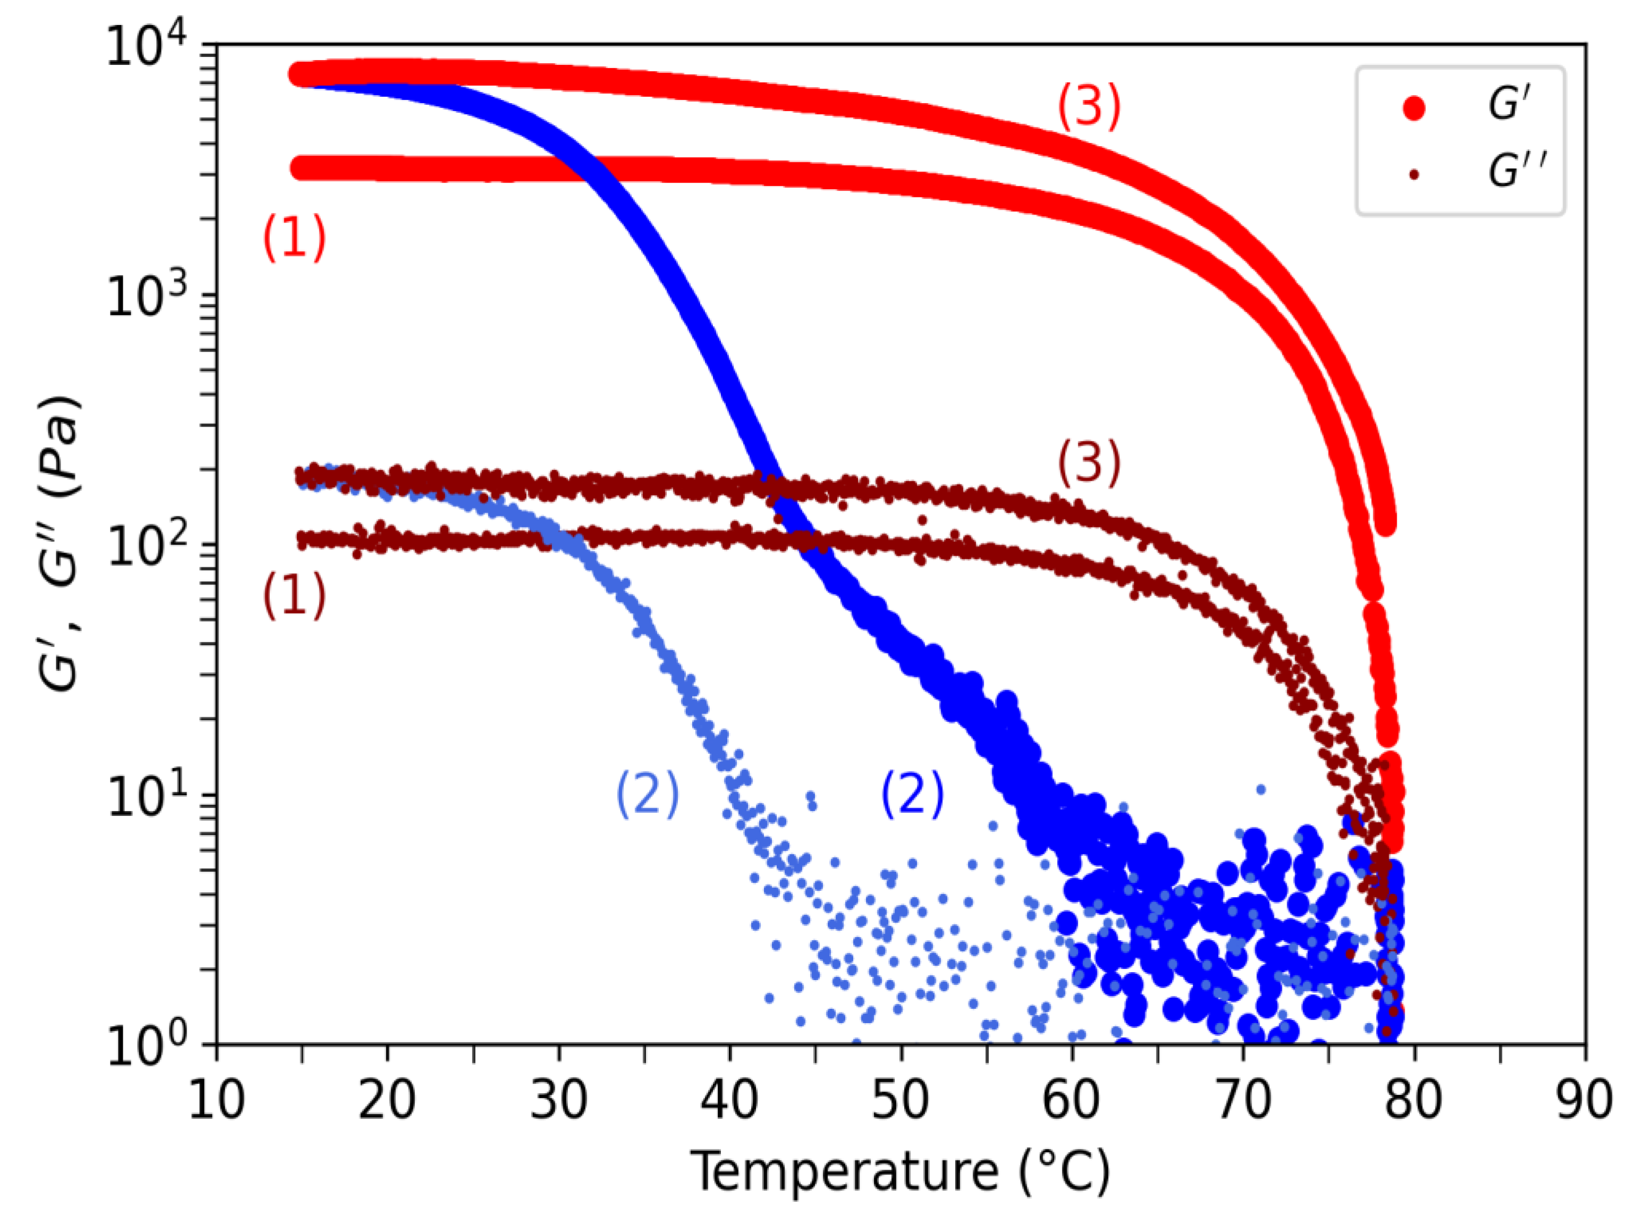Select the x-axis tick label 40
click(730, 1099)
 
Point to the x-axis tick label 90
click(1584, 1099)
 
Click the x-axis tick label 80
click(1413, 1099)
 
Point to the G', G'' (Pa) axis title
click(58, 545)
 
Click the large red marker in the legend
click(1414, 108)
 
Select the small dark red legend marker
click(1414, 175)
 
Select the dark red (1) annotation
click(294, 594)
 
